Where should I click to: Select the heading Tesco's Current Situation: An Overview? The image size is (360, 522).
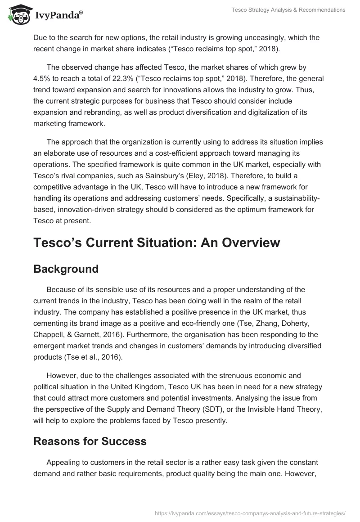157,243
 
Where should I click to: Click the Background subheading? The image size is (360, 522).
66,269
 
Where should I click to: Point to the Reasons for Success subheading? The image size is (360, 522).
90,441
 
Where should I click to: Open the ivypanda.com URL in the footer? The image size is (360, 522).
250,513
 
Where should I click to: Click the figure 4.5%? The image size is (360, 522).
43,78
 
